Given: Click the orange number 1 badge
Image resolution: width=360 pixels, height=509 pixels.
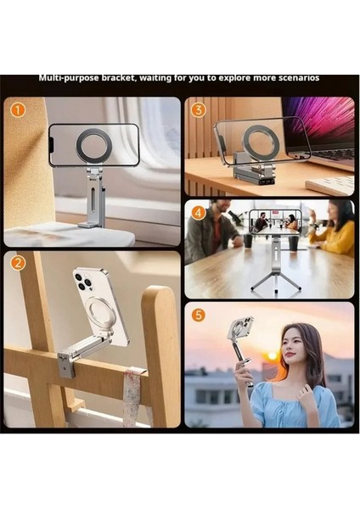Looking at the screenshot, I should pos(16,109).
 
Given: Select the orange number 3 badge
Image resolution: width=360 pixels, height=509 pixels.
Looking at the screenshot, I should pos(198,109).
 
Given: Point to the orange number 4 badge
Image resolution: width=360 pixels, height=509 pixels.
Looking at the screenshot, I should pos(198,212).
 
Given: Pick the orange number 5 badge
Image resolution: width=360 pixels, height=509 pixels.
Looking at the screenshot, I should pos(198,315).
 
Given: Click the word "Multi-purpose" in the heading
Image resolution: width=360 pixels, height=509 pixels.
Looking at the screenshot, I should pos(70,78).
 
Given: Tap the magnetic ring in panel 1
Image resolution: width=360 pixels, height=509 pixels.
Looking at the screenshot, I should pos(93,145).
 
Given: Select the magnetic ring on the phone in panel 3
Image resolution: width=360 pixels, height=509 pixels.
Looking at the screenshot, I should pos(261,143).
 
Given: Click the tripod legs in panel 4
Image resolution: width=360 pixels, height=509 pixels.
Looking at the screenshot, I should pos(275,280).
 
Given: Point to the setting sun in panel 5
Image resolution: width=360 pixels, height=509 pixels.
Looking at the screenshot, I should pos(273,355).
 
